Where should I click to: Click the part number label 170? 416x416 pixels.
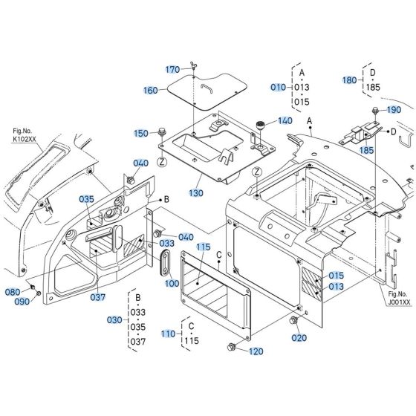click(x=172, y=70)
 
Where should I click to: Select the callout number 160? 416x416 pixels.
click(x=151, y=90)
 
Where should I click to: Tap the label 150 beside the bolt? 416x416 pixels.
click(x=141, y=133)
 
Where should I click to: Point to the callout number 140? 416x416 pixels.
click(x=285, y=120)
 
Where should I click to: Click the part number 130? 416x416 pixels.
click(x=195, y=192)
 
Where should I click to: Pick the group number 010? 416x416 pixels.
click(x=278, y=87)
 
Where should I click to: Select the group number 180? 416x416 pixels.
click(x=349, y=79)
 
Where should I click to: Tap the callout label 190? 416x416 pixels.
click(x=394, y=110)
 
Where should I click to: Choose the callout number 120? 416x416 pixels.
click(x=256, y=351)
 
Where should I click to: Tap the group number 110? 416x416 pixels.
click(x=168, y=334)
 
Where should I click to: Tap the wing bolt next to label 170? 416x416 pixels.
click(x=191, y=69)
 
